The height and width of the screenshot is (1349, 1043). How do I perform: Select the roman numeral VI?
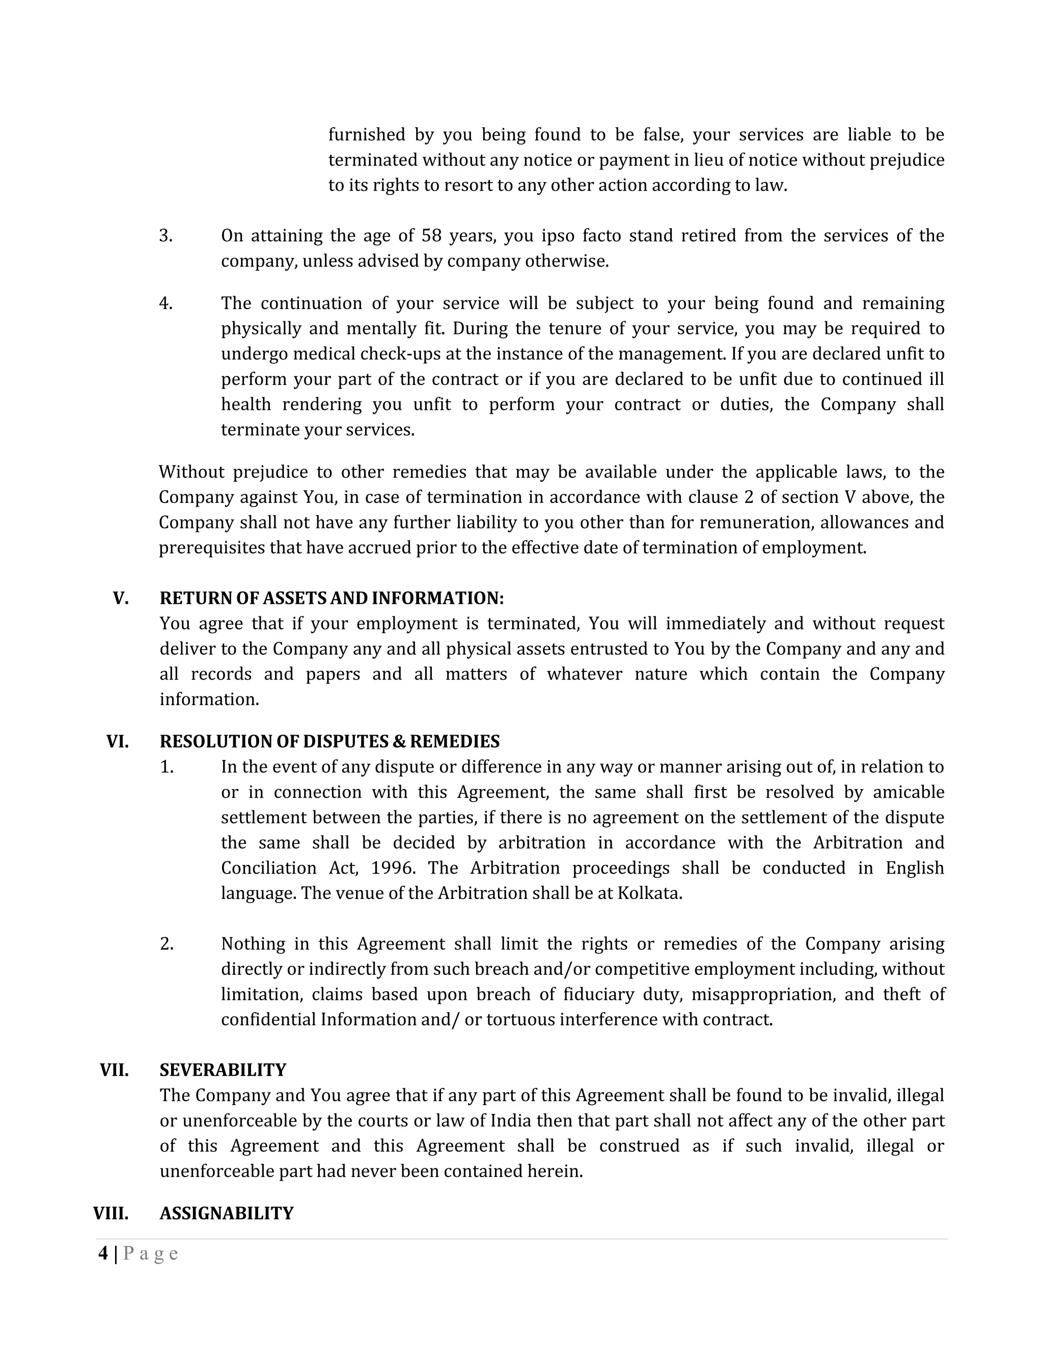(118, 741)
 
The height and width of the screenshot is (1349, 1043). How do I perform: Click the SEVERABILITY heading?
(223, 1070)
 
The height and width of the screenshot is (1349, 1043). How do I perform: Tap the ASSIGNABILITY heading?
(226, 1213)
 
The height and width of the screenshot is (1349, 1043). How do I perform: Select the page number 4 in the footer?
(102, 1254)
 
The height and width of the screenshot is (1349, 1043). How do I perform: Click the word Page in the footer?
(151, 1254)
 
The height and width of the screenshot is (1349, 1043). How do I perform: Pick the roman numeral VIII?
(111, 1213)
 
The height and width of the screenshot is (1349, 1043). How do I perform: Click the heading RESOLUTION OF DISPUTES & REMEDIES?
(330, 741)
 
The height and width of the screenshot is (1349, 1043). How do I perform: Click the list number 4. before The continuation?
(166, 303)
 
